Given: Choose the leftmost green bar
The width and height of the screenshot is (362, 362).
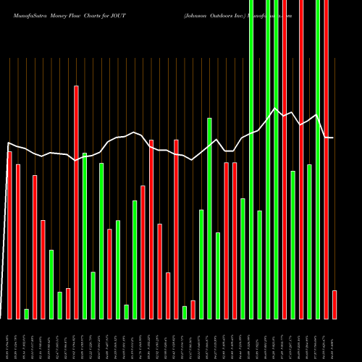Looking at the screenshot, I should coord(26,313).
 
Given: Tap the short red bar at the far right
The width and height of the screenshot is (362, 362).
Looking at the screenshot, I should coord(334,304).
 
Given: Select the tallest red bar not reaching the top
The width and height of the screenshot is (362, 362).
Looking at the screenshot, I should coord(76,202).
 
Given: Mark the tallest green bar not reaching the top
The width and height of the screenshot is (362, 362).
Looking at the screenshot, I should coord(209,218).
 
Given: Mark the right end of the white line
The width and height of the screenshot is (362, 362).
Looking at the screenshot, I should coord(333,138).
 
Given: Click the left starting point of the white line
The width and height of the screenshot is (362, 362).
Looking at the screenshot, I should coord(9,143).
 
